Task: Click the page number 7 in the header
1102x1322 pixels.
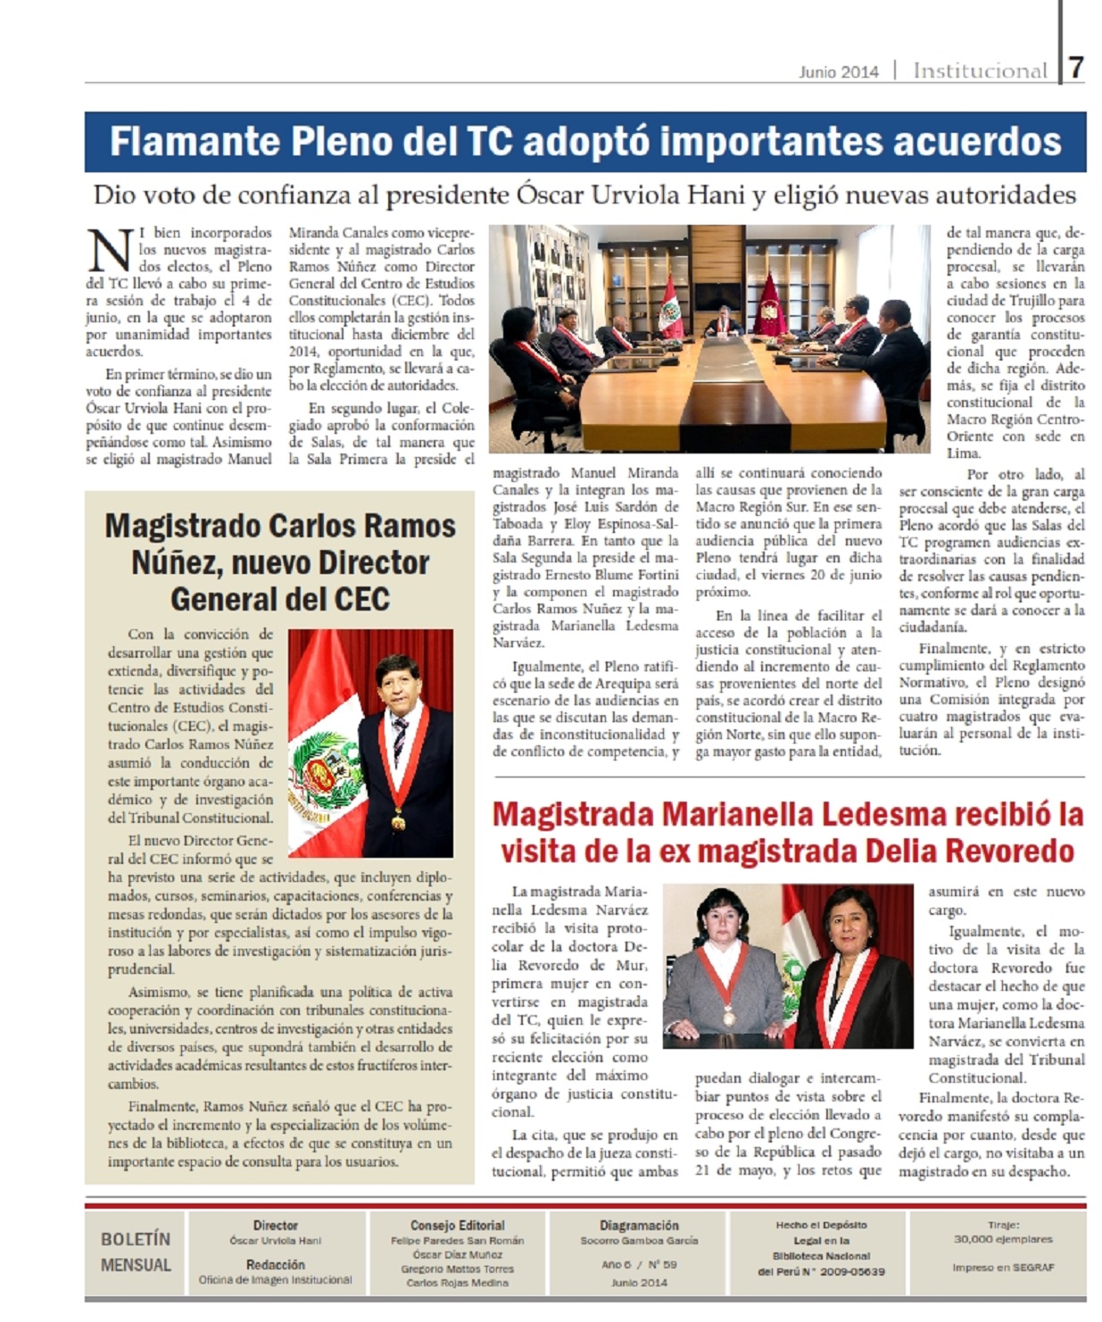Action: [x=1076, y=67]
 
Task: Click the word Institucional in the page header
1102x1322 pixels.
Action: [x=980, y=71]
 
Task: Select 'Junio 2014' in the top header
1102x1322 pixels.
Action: [x=838, y=71]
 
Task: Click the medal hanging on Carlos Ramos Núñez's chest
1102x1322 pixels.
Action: [x=399, y=819]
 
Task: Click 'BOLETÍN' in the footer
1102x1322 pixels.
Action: [x=135, y=1239]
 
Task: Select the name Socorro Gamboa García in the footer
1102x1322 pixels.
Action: [x=639, y=1241]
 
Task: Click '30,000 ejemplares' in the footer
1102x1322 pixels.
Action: [x=1003, y=1239]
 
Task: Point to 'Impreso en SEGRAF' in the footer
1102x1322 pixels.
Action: [x=1003, y=1268]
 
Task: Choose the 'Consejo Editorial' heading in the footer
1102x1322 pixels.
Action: [x=457, y=1226]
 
